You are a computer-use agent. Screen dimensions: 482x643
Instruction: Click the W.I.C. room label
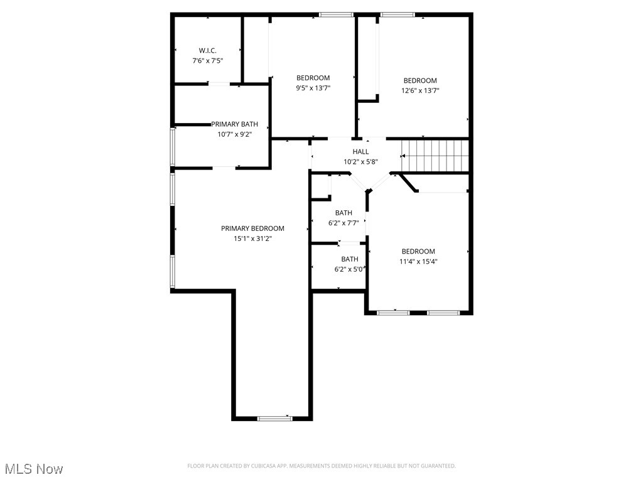208,50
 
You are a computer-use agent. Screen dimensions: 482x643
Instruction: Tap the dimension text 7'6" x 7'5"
208,61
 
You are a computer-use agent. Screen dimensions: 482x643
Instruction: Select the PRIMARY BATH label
234,124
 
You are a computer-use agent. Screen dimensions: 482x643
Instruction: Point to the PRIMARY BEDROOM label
252,228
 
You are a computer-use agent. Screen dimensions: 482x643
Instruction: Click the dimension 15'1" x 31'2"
252,238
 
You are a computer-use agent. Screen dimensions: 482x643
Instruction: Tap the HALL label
360,152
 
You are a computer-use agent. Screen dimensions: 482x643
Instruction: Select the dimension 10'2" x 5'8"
360,162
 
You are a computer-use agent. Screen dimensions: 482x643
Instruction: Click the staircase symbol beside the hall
435,155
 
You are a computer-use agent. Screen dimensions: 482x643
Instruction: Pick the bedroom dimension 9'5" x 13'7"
313,88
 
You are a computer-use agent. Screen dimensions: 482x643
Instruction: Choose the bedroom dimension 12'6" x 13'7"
420,90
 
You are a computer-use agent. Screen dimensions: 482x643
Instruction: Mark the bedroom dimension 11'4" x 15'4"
418,262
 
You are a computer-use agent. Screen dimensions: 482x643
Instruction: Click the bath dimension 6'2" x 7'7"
343,223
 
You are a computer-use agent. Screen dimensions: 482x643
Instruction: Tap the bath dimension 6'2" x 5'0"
350,269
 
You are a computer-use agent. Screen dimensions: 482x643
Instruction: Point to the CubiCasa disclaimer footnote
321,466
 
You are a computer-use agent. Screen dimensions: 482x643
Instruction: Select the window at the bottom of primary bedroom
274,418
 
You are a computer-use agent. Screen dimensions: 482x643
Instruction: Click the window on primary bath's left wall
173,147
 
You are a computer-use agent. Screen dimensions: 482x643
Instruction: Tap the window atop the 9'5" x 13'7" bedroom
336,14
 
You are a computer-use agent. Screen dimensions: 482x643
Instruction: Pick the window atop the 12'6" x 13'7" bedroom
398,14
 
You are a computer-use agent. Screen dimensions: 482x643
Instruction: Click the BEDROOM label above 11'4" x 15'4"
418,252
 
